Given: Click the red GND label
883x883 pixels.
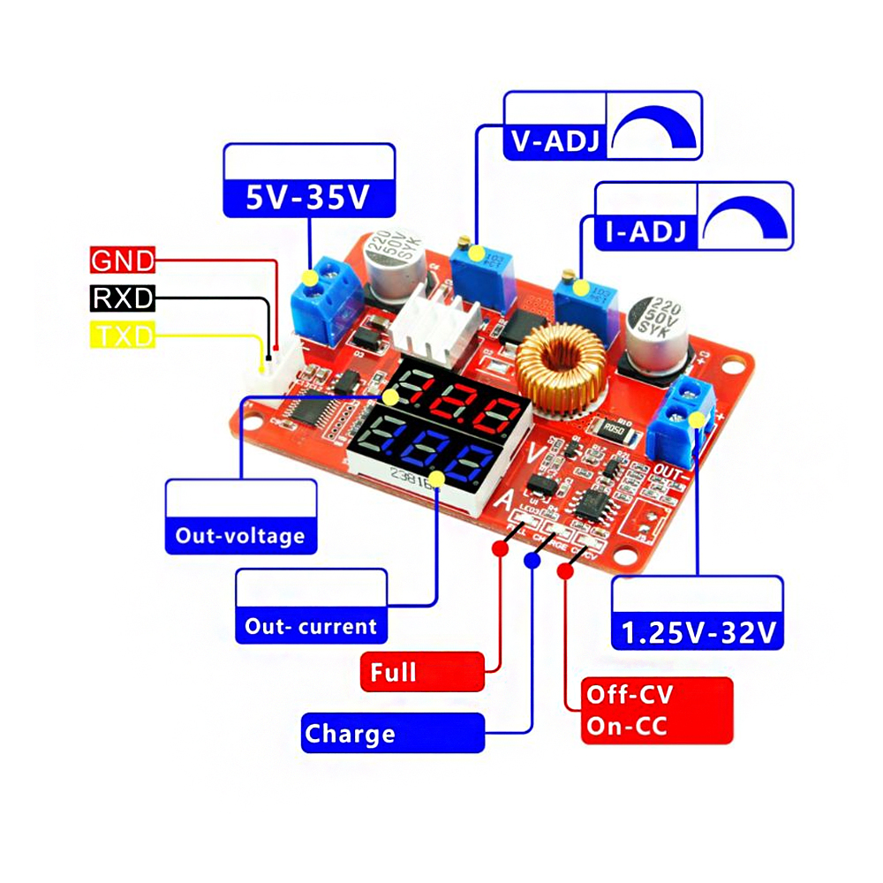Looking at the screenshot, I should click(123, 260).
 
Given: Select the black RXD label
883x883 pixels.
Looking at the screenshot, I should click(123, 298).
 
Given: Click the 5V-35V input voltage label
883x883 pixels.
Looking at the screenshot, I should click(308, 198).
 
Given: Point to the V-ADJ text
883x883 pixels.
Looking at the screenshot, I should click(555, 141).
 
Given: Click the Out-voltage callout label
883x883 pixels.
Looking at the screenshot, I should click(240, 535).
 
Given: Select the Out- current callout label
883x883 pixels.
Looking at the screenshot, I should click(311, 627).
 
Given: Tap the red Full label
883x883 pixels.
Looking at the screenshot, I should click(423, 672).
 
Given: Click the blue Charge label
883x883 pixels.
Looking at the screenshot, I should click(393, 734).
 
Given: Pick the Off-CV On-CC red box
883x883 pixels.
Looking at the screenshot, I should click(657, 711).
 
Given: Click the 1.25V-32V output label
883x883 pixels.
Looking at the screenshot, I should click(698, 632).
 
